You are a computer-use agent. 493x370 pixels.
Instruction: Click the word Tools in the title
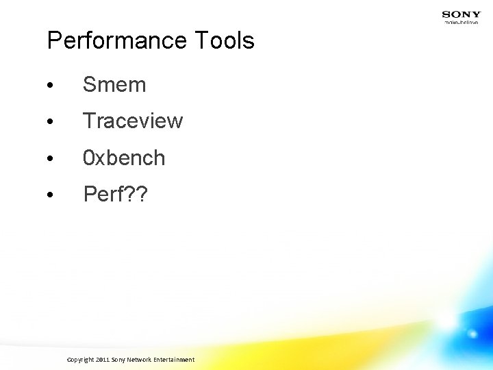[x=225, y=41]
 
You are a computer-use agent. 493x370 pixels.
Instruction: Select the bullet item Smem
[x=114, y=85]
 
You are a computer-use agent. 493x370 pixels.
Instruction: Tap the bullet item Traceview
[x=133, y=121]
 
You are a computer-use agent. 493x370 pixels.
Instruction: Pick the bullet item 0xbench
[x=124, y=158]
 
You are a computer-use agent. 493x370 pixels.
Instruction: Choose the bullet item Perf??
[x=115, y=195]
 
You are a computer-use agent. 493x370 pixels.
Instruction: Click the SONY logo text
[x=461, y=14]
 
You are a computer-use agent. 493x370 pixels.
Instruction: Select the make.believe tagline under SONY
[x=461, y=23]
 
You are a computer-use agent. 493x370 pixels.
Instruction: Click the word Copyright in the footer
[x=81, y=360]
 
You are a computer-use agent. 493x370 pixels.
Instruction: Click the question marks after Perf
[x=136, y=195]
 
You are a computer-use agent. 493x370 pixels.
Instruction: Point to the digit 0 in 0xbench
[x=88, y=158]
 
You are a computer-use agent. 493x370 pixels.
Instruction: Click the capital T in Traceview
[x=89, y=121]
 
